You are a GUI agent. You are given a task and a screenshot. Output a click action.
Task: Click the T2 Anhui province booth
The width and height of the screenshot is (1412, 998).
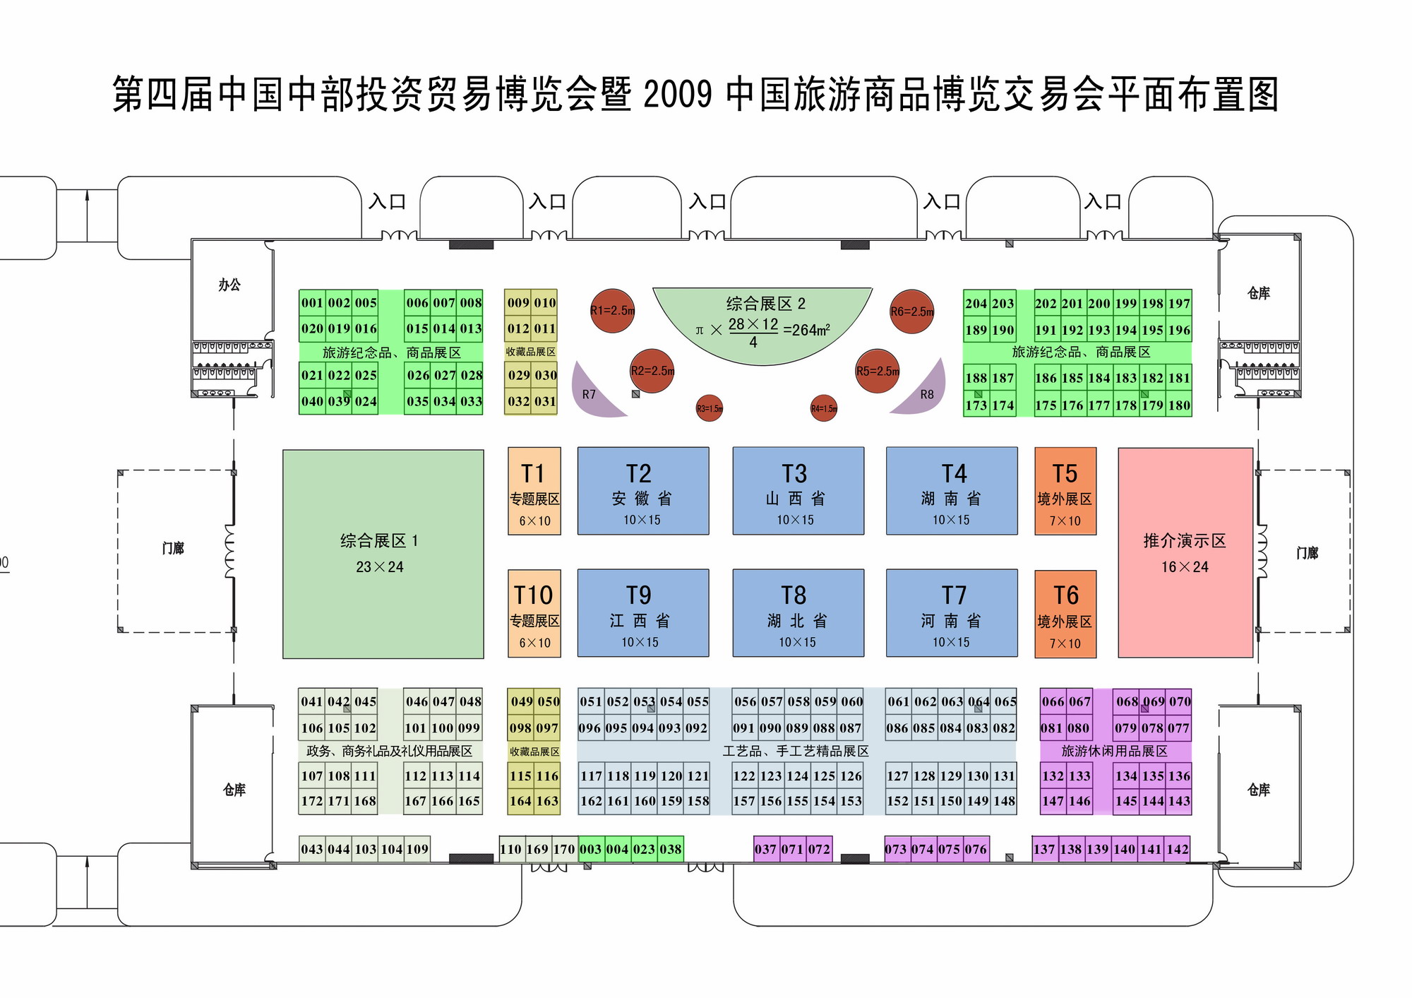642,491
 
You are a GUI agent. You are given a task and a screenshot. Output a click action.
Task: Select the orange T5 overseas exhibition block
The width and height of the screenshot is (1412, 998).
1065,491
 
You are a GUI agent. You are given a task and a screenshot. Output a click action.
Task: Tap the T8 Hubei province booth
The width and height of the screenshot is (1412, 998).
798,613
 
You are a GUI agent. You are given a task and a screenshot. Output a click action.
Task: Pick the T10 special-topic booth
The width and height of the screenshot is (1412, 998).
534,613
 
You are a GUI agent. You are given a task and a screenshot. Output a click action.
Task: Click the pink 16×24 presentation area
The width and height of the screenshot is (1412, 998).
1185,552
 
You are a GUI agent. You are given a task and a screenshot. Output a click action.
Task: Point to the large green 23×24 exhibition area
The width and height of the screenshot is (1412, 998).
383,554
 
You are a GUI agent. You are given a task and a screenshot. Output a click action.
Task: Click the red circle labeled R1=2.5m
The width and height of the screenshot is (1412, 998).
612,311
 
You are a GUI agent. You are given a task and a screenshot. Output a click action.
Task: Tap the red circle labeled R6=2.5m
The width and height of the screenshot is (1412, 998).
911,311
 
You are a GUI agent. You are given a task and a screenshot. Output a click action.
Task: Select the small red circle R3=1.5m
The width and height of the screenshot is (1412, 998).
709,408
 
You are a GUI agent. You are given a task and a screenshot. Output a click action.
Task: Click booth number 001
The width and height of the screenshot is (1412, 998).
311,303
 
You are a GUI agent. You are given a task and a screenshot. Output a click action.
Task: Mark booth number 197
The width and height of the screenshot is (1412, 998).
1179,304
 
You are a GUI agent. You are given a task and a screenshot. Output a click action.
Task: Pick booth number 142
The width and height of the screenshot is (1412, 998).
1177,849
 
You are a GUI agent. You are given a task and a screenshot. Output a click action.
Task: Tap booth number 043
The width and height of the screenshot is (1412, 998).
311,849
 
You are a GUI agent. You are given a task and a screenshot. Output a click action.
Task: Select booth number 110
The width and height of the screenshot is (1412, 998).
510,849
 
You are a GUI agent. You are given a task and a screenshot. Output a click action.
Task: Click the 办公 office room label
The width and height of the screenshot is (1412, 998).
229,285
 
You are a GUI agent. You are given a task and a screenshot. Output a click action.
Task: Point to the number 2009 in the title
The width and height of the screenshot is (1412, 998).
678,95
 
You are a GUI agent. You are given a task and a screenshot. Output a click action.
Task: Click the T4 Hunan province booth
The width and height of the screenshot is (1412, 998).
952,491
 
